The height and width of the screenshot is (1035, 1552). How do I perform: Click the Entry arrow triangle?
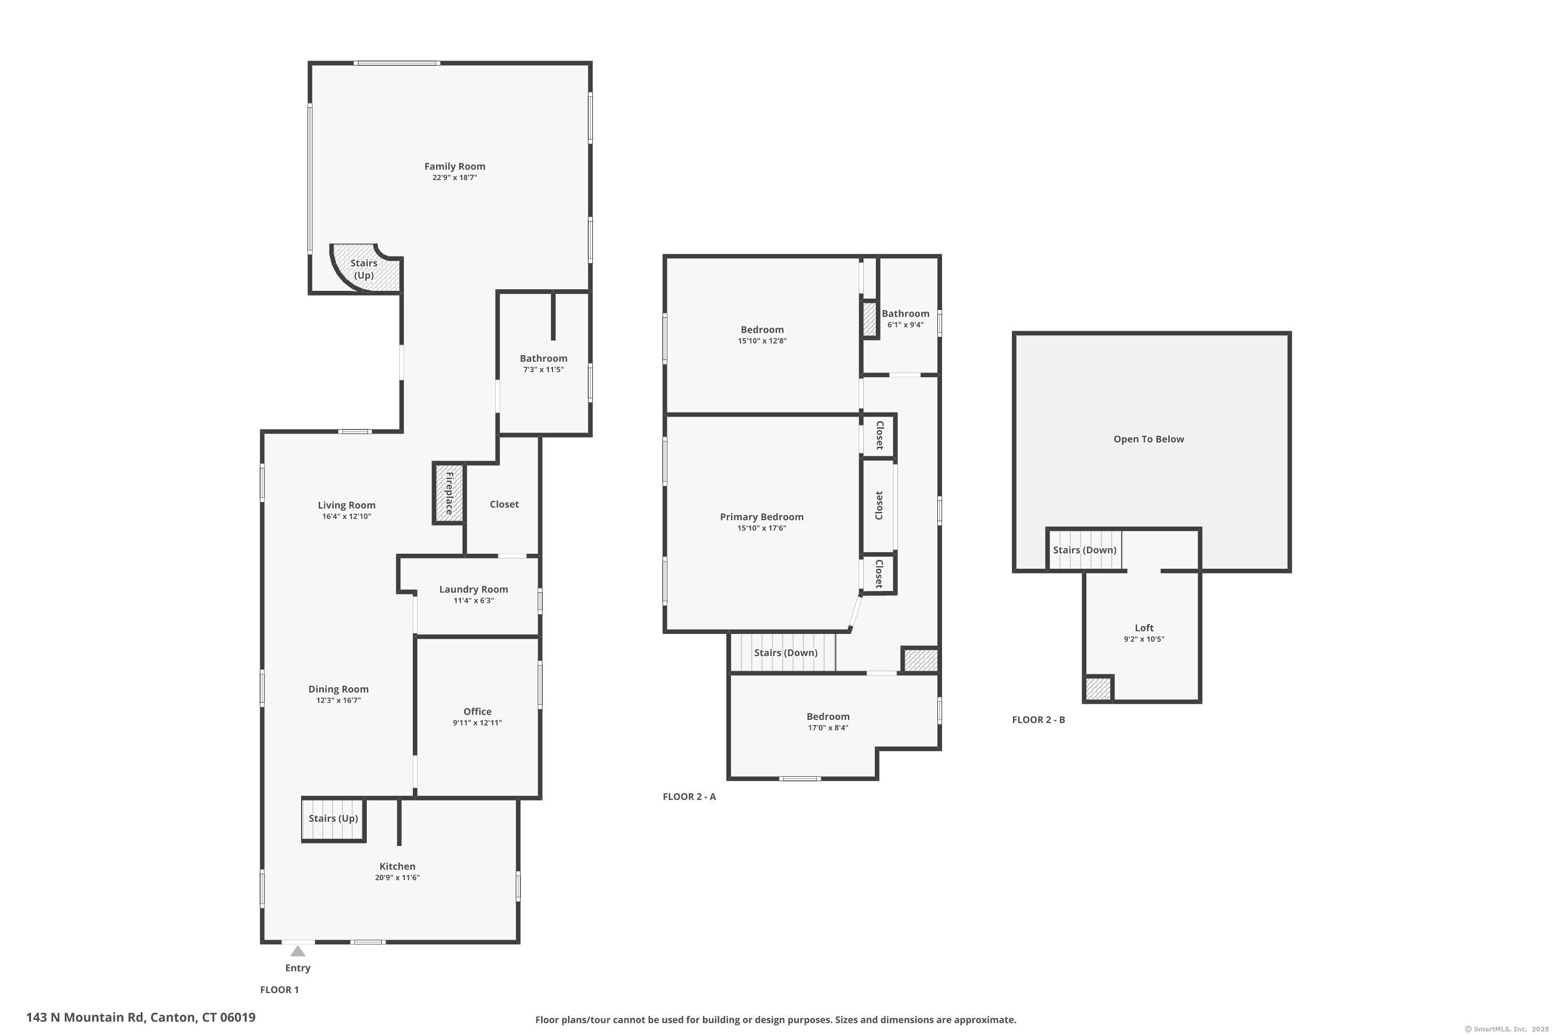tap(297, 951)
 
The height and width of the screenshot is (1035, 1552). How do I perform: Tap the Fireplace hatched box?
tap(449, 494)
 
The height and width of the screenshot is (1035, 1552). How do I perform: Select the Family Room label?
tap(455, 166)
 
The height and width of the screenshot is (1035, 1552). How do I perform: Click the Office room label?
tap(477, 712)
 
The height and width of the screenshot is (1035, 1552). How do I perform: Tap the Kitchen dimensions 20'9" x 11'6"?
tap(397, 878)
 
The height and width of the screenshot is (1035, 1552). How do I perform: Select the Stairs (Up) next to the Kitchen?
tap(333, 819)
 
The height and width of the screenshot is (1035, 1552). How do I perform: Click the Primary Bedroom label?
tap(762, 517)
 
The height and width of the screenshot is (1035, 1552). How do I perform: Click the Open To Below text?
tap(1148, 439)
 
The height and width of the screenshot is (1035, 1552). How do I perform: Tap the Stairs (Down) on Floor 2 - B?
tap(1084, 550)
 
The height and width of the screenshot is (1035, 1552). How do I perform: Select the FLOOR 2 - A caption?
tap(689, 797)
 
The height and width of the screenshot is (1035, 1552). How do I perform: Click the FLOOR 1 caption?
tap(279, 989)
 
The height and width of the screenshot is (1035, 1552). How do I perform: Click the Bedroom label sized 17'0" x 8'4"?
tap(827, 717)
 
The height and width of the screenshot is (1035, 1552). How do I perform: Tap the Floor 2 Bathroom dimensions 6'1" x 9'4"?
tap(905, 325)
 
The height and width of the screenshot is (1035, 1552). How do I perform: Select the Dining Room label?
tap(338, 689)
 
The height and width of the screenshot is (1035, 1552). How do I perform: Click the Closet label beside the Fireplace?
tap(503, 504)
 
